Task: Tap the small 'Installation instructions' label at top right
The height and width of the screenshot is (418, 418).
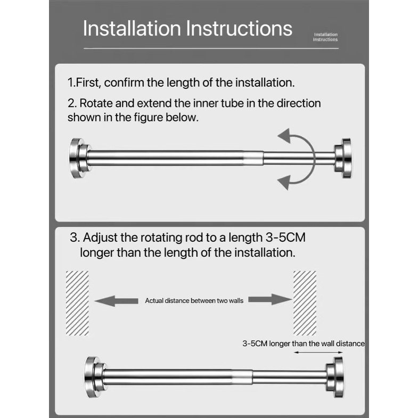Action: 325,37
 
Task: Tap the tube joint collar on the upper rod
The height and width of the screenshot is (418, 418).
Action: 255,158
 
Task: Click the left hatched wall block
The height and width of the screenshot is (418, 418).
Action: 77,303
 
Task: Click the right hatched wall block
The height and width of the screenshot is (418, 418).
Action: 305,303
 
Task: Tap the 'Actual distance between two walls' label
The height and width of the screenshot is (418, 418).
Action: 194,301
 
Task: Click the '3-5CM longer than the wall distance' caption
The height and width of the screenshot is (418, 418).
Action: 303,343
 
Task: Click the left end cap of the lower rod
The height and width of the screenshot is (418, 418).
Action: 95,376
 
